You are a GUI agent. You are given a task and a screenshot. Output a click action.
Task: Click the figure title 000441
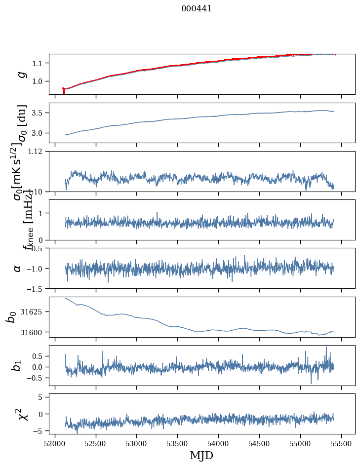pos(197,8)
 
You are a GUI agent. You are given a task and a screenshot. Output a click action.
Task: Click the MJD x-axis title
pos(201,455)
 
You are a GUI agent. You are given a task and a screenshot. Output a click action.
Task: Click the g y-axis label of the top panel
pos(21,74)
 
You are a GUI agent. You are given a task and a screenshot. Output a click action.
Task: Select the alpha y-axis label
pos(18,268)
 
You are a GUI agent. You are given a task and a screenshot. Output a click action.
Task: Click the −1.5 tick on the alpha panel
pos(37,288)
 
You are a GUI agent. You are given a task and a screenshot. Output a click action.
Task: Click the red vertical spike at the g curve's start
pos(64,91)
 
